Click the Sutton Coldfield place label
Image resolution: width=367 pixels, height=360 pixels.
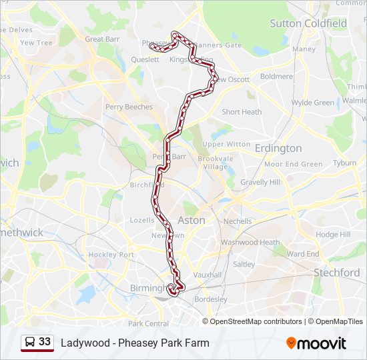[x=308, y=23]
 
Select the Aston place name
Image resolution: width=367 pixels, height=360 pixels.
[x=191, y=220]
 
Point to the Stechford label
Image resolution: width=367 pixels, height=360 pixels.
[x=337, y=273]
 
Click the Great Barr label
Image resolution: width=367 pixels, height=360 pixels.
[x=103, y=39]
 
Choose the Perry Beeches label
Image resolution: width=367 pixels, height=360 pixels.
[x=129, y=107]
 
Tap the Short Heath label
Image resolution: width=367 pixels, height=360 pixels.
[x=242, y=112]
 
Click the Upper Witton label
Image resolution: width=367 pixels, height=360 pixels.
[x=226, y=144]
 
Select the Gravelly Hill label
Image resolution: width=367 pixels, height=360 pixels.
[x=260, y=182]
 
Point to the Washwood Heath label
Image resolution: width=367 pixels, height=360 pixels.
[x=250, y=243]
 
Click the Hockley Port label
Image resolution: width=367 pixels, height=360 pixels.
[x=112, y=255]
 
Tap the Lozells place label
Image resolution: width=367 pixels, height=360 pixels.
[x=142, y=220]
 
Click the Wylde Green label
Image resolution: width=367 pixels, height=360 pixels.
[x=313, y=103]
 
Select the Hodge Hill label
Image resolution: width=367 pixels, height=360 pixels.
[x=333, y=235]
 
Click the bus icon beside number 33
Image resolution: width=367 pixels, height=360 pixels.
[x=30, y=342]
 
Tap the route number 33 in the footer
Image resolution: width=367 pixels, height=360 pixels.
[x=45, y=342]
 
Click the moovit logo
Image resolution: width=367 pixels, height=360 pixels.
[x=316, y=343]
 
